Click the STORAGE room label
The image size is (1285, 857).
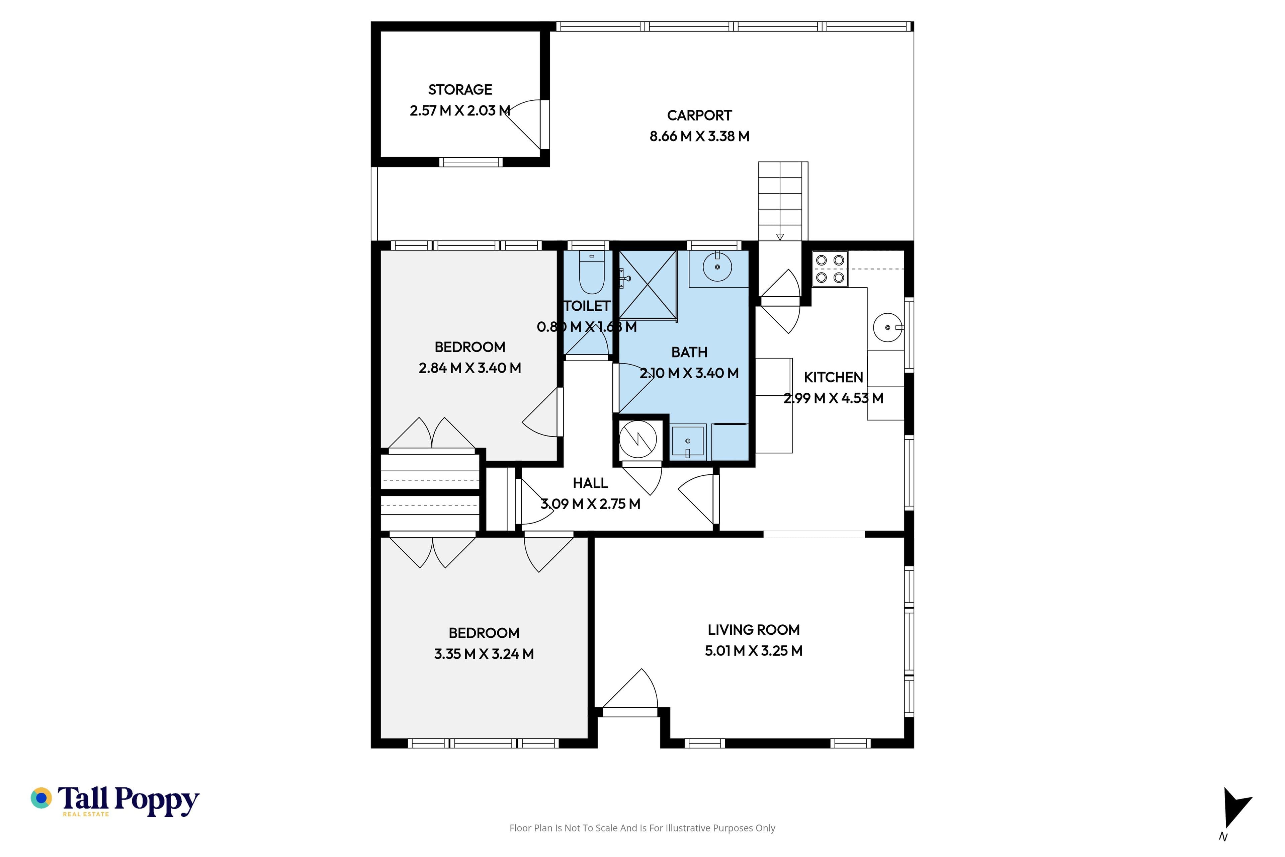460,90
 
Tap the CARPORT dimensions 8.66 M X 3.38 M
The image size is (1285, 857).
699,136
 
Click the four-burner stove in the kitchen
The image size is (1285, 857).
830,269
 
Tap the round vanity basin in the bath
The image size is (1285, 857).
717,267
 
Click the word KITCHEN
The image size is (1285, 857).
833,377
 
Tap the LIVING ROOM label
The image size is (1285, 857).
753,630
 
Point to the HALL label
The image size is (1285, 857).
590,483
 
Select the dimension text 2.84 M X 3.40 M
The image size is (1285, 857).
470,368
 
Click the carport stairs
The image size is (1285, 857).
782,201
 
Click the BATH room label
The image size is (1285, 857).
689,352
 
